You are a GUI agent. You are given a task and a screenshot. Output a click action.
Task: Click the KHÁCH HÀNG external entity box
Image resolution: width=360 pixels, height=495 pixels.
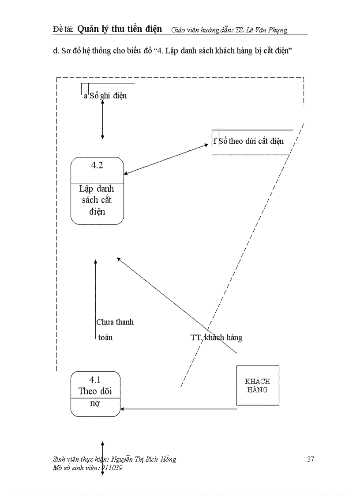tap(258, 385)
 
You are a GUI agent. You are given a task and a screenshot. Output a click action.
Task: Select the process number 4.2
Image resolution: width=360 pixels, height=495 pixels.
tap(97, 166)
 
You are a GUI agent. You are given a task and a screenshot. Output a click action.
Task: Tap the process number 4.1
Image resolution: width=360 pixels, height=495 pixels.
tap(95, 380)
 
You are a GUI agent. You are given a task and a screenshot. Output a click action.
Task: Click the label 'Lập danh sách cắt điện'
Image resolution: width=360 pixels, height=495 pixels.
tap(97, 200)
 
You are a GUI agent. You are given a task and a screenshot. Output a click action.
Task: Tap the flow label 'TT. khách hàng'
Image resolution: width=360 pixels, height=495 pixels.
tap(216, 338)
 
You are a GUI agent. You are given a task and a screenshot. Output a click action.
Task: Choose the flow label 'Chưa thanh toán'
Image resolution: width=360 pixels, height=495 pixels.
tap(114, 329)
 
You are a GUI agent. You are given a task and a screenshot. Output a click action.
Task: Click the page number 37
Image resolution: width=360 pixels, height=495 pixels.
tap(310, 459)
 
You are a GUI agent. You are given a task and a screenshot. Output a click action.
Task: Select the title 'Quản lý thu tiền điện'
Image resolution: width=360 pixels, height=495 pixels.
tap(120, 29)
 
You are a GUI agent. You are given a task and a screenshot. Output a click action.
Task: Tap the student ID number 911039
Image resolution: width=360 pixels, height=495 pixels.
tap(112, 468)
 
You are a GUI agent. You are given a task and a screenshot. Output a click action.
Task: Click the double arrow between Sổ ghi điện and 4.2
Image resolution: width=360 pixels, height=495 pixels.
tap(102, 119)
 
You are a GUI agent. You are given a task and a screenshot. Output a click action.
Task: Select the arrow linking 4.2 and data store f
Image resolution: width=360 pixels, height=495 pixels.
tap(165, 159)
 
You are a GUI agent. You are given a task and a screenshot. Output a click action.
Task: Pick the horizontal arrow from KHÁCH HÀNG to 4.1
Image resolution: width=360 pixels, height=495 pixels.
tap(179, 409)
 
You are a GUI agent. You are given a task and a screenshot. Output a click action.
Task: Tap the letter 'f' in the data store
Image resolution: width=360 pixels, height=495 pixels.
tap(215, 141)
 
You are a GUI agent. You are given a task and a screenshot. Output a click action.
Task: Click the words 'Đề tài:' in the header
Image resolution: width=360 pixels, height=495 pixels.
tap(62, 30)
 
